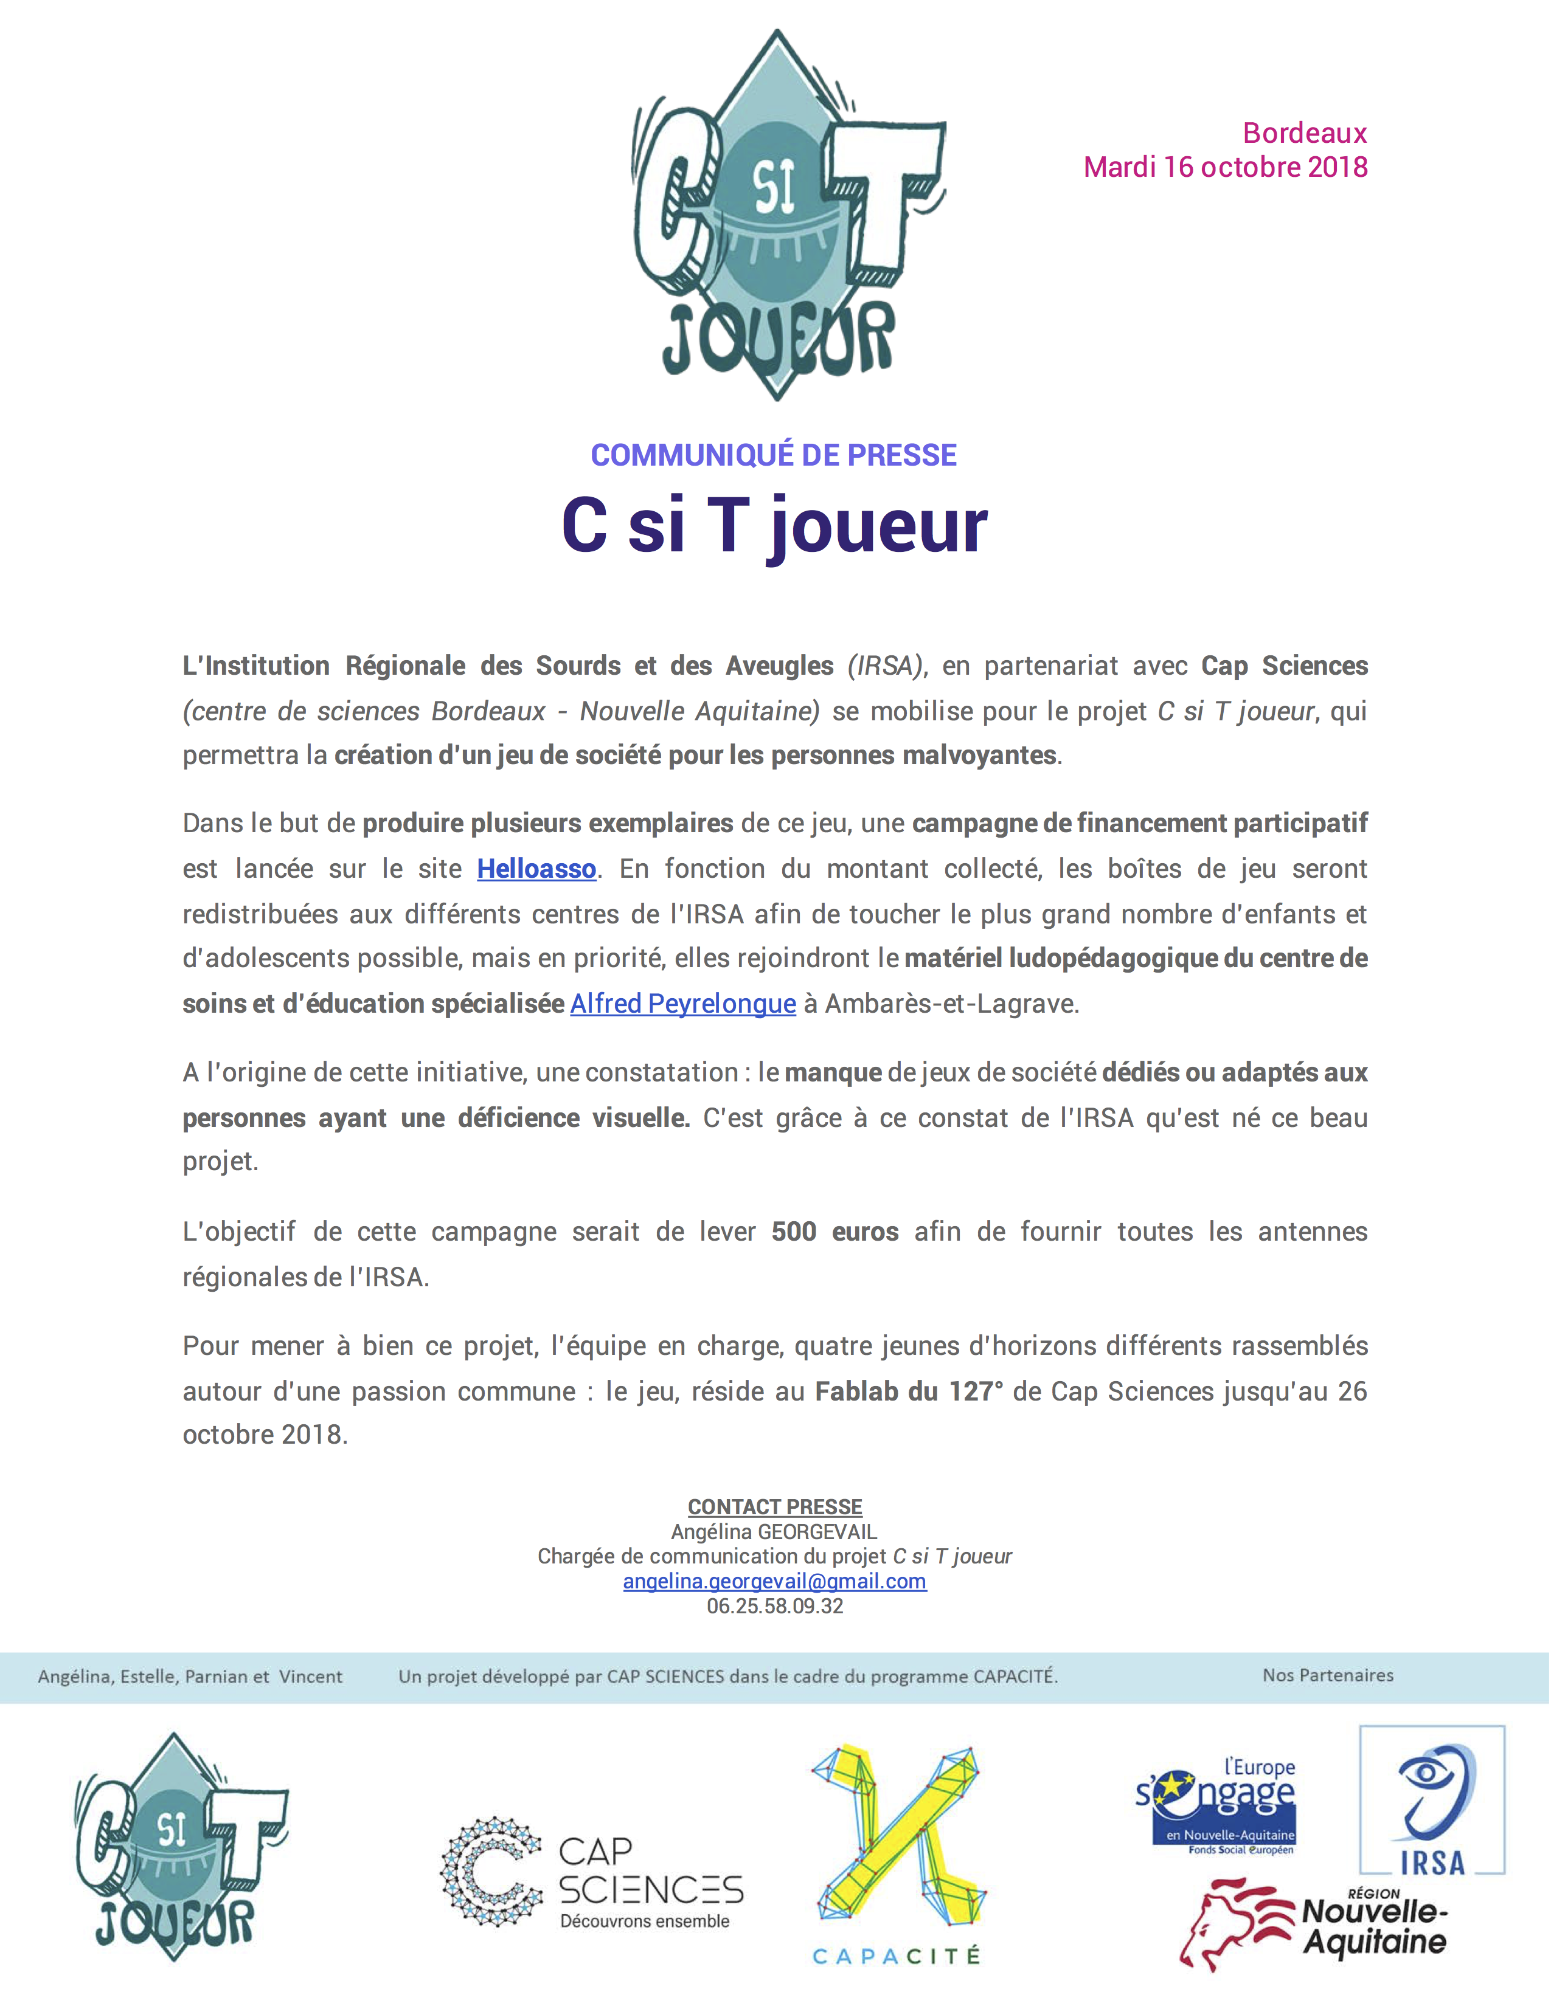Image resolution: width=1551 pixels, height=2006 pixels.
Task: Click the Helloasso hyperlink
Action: click(536, 868)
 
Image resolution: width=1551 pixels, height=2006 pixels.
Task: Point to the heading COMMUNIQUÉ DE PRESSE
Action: click(774, 455)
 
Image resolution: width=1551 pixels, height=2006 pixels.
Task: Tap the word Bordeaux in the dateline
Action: click(1304, 133)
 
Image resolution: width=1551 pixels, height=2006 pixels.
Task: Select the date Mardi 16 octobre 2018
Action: click(1225, 167)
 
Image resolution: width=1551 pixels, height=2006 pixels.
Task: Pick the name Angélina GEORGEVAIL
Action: click(774, 1531)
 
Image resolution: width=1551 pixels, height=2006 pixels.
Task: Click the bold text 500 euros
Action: click(834, 1231)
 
